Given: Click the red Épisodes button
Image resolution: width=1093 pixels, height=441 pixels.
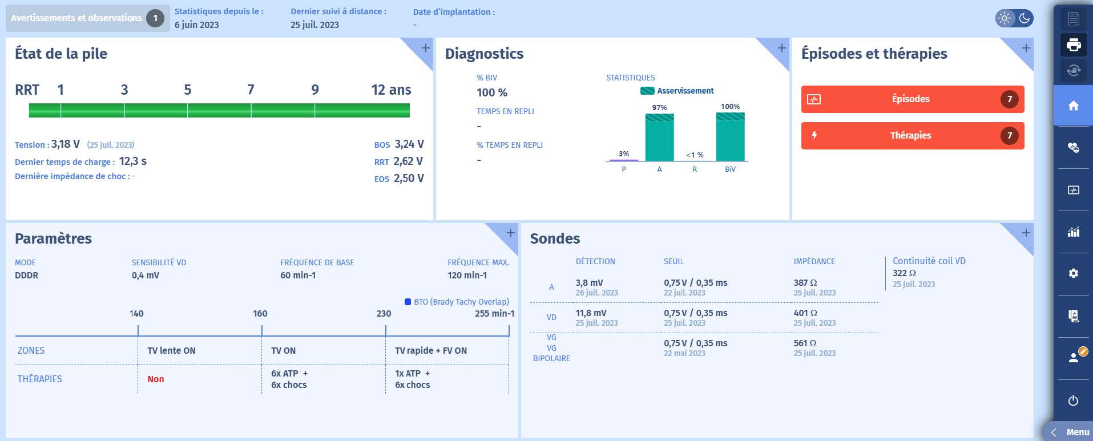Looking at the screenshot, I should pyautogui.click(x=912, y=99).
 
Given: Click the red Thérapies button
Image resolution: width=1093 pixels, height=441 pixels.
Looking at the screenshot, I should pyautogui.click(x=912, y=136).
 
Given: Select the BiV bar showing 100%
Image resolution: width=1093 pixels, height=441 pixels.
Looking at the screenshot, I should pyautogui.click(x=730, y=137).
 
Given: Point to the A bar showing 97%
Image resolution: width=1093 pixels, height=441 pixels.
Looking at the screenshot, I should pyautogui.click(x=659, y=137).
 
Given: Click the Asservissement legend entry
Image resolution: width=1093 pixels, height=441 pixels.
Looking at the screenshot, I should pyautogui.click(x=677, y=91).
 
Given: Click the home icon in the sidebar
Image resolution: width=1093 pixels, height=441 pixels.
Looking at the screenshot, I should pyautogui.click(x=1073, y=106).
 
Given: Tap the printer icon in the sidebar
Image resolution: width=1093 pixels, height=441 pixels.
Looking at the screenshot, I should pyautogui.click(x=1073, y=44).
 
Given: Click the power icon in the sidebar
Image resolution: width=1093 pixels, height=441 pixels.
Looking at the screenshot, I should pyautogui.click(x=1073, y=400).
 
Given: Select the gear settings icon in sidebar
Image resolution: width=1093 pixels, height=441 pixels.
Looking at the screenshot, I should pyautogui.click(x=1073, y=273).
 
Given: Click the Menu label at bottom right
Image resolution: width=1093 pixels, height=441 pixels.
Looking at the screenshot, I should pyautogui.click(x=1077, y=432).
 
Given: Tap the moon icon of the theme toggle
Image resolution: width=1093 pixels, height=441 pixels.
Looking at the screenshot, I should pyautogui.click(x=1025, y=18).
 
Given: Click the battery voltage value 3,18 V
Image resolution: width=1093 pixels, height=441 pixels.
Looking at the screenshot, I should pyautogui.click(x=66, y=144).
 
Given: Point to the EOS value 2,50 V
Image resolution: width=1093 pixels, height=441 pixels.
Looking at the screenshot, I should pyautogui.click(x=409, y=179).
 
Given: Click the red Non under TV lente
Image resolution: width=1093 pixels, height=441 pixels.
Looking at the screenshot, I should pyautogui.click(x=156, y=379).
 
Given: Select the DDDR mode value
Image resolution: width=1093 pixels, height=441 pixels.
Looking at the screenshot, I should pyautogui.click(x=26, y=276).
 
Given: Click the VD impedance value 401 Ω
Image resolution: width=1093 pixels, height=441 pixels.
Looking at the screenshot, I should pyautogui.click(x=805, y=313).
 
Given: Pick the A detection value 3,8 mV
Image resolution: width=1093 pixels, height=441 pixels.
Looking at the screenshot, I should pyautogui.click(x=589, y=283).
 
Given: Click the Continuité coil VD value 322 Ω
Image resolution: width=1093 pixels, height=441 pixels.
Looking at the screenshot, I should pyautogui.click(x=904, y=273).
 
